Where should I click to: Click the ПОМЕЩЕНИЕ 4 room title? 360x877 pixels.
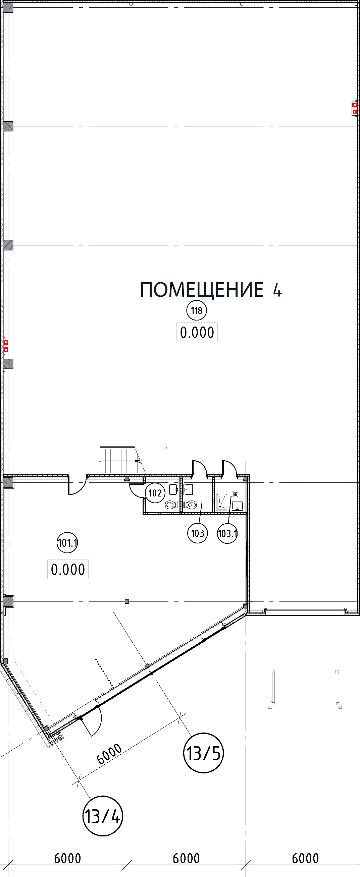click(211, 290)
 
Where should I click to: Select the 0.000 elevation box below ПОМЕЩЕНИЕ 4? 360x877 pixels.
click(197, 332)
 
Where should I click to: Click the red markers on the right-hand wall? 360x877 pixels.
click(354, 108)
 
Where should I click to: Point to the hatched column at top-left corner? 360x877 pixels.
click(8, 7)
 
